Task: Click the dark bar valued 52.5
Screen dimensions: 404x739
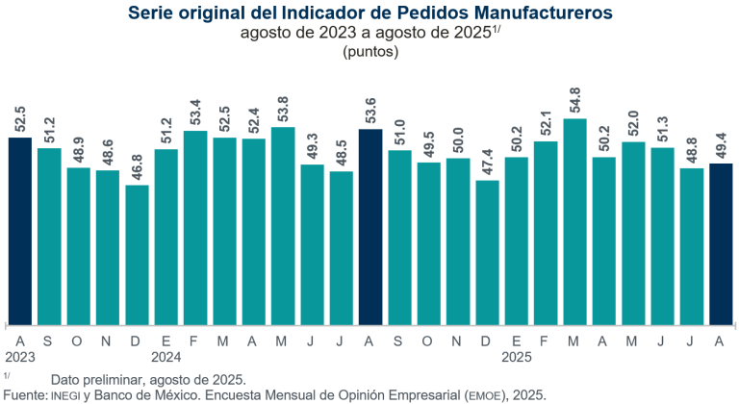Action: tap(20, 231)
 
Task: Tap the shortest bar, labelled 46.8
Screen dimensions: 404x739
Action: tap(138, 254)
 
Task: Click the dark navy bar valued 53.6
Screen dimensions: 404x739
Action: tap(370, 226)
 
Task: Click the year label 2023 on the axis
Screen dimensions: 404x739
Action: tap(21, 356)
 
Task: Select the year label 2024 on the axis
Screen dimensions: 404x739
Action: tap(166, 356)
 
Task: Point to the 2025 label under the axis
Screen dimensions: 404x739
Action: tap(517, 356)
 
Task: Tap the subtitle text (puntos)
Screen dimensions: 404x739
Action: tap(369, 53)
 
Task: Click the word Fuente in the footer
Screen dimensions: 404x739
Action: tap(24, 394)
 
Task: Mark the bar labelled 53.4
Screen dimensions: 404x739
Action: tap(195, 227)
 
